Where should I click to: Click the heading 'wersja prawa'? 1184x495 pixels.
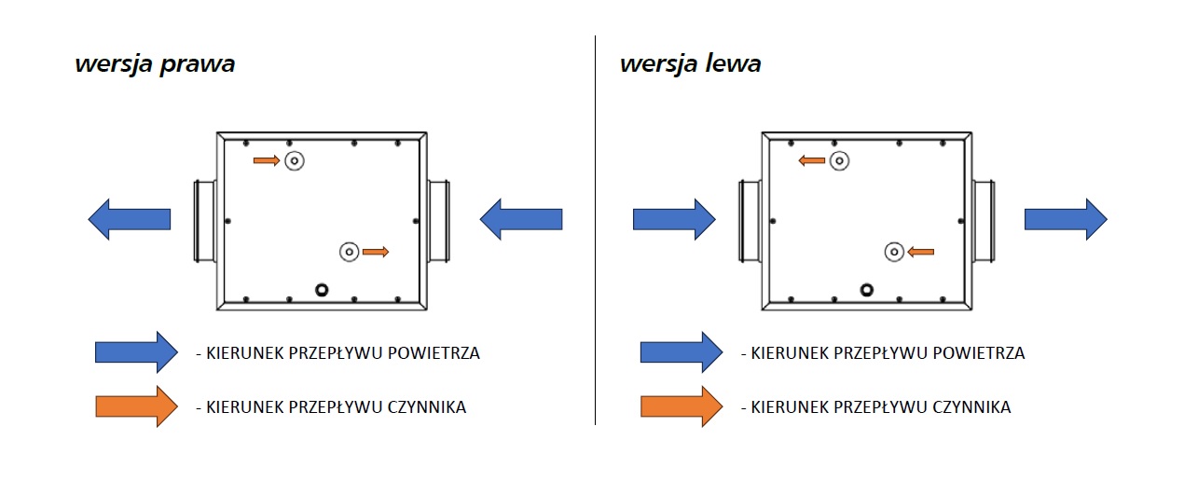click(155, 65)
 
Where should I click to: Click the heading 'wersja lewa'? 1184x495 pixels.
click(691, 64)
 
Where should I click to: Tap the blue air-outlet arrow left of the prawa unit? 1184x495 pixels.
click(130, 219)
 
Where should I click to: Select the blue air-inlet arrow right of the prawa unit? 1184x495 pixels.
click(521, 219)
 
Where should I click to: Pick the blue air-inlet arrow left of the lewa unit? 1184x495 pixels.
click(674, 219)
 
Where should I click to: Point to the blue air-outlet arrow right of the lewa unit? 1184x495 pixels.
click(1066, 219)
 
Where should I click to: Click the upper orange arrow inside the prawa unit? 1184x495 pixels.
click(267, 161)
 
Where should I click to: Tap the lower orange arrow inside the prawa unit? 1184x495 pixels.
click(376, 252)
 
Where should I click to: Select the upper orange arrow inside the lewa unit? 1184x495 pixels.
click(812, 161)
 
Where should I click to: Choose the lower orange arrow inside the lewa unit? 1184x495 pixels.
click(920, 252)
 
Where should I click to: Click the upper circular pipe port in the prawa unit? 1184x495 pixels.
click(295, 161)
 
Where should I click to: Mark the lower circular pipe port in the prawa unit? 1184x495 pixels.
click(349, 252)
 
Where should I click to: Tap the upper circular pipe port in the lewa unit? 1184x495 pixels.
click(839, 161)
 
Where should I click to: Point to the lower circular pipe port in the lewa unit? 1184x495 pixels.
click(893, 252)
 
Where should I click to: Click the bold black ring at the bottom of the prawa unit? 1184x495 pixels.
click(323, 290)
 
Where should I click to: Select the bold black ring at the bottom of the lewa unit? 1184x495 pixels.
click(867, 290)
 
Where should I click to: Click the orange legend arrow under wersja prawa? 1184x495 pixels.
click(136, 406)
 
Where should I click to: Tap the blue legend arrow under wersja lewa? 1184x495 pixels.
click(681, 352)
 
